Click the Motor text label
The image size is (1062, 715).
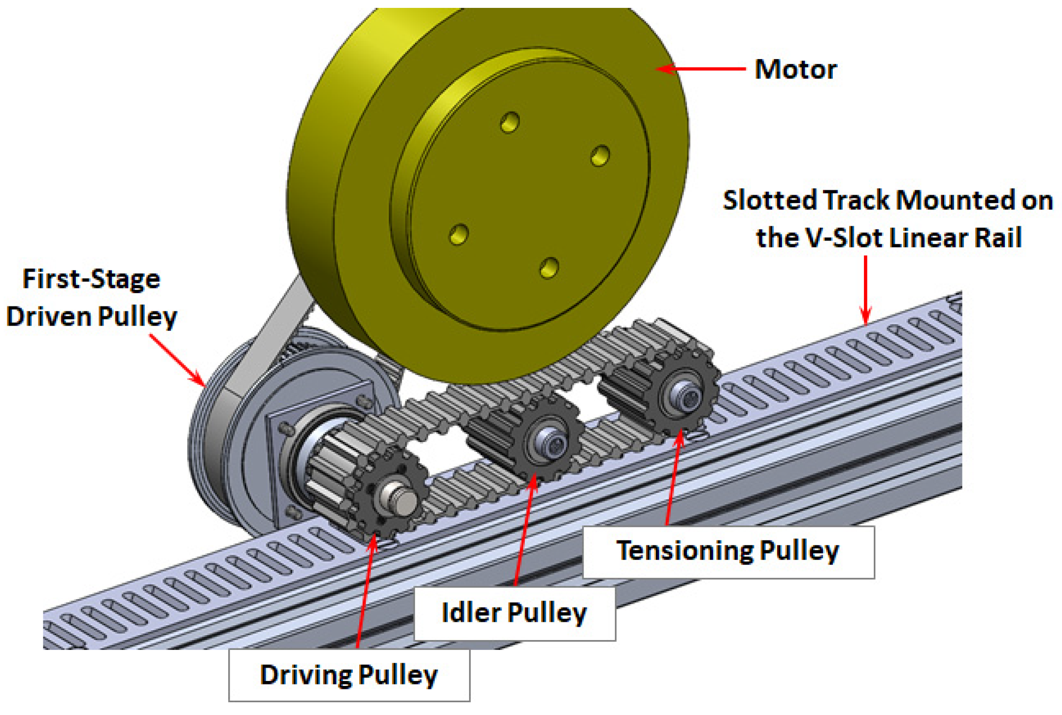click(x=795, y=69)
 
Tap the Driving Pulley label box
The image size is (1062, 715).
click(x=349, y=675)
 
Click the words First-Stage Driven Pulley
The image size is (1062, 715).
click(x=92, y=298)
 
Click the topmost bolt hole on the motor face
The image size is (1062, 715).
click(x=510, y=122)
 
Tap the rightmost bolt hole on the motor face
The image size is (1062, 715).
click(x=600, y=156)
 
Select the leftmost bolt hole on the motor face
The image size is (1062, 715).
click(x=459, y=234)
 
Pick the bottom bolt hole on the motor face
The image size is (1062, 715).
click(x=549, y=268)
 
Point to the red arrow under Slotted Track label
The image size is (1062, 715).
click(x=865, y=291)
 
